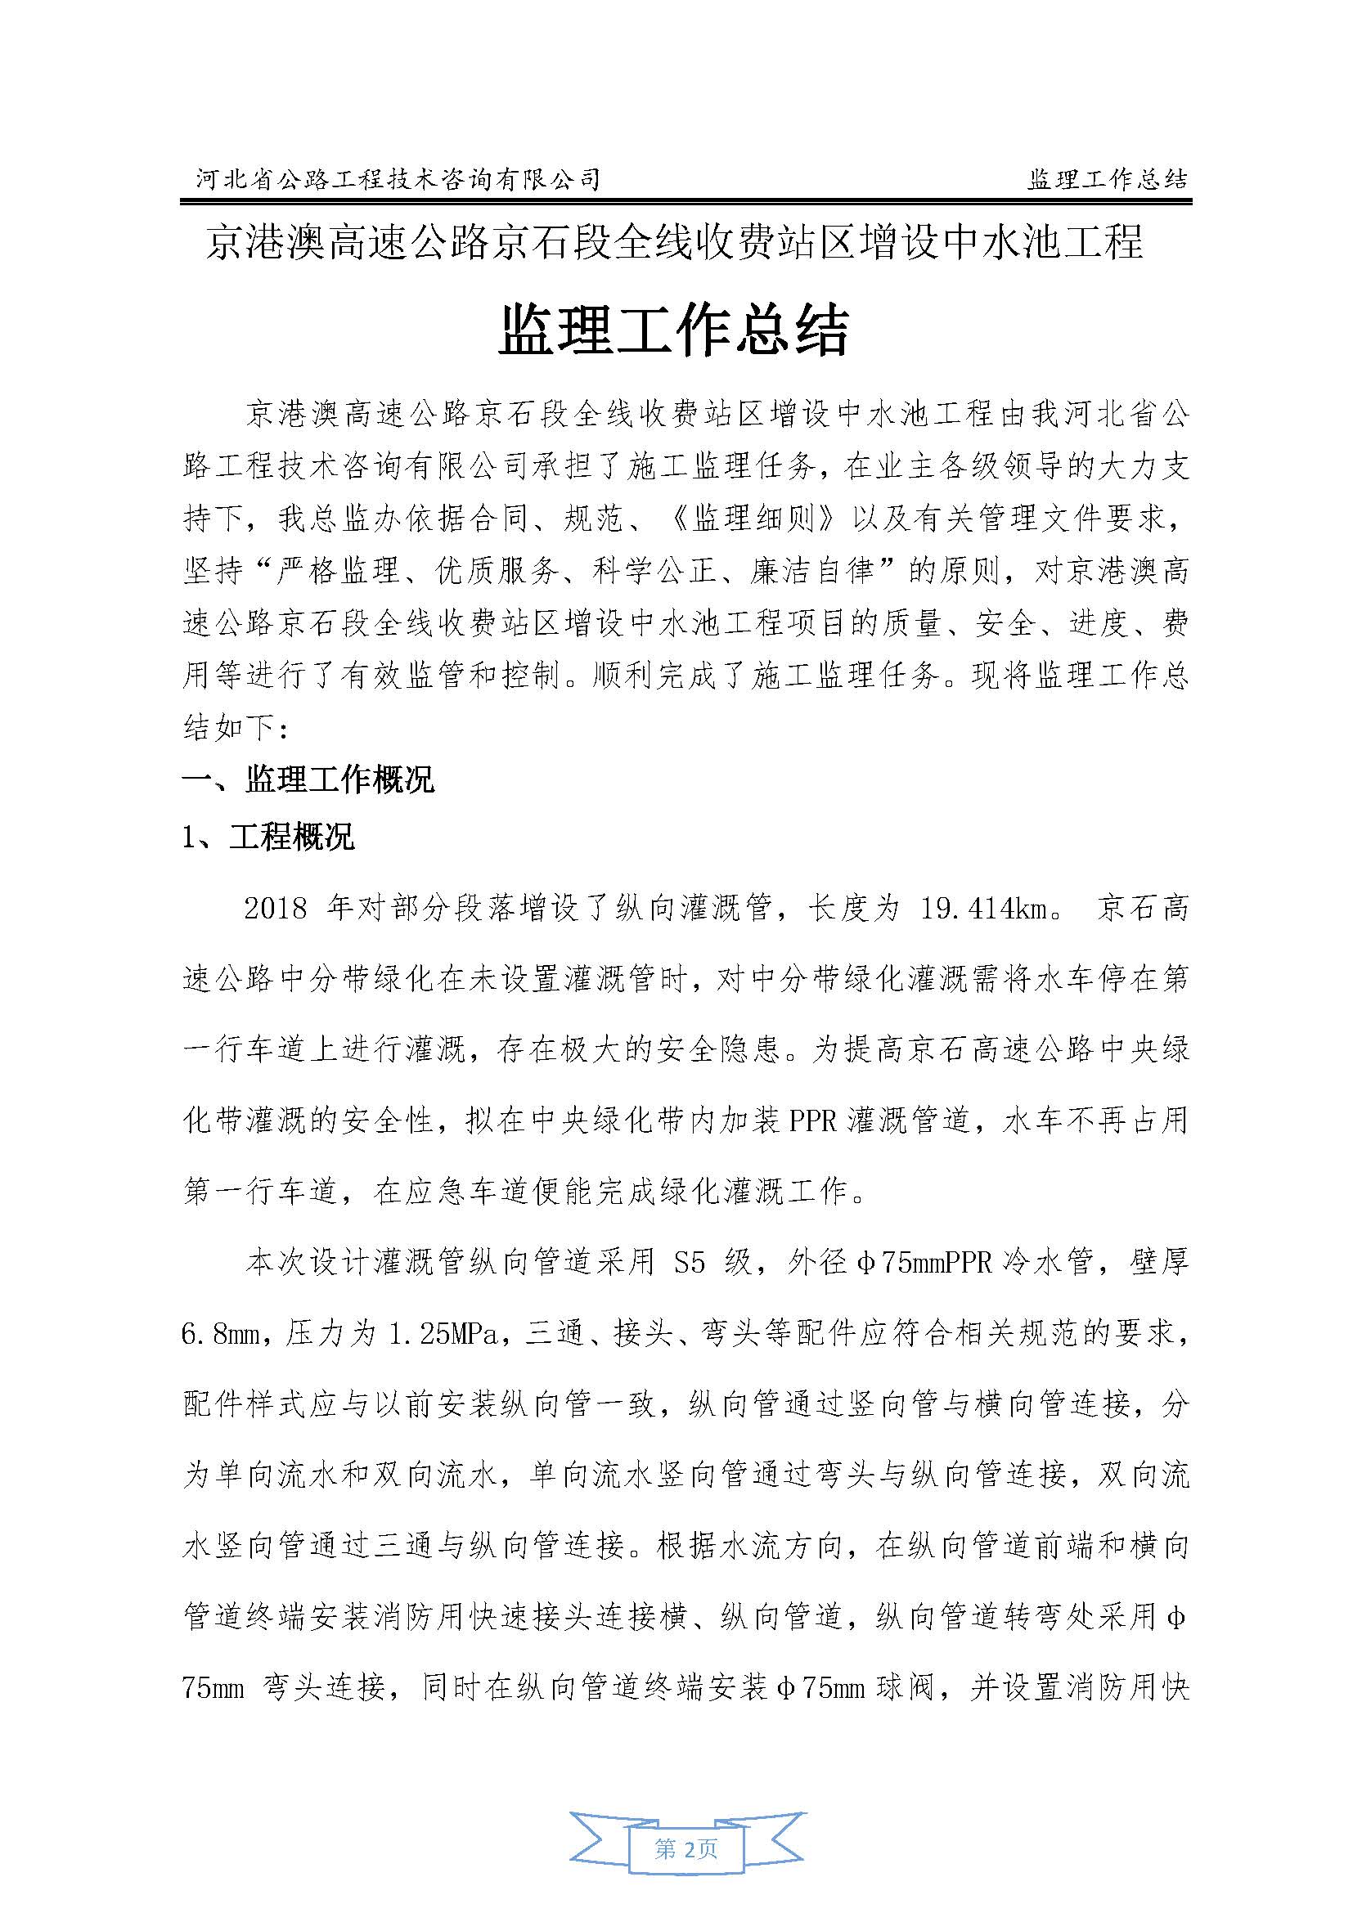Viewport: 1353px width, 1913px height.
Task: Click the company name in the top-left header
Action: coord(398,178)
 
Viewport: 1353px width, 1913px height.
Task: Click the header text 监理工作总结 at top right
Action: coord(1108,178)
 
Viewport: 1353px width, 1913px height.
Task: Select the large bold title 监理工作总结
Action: coord(674,330)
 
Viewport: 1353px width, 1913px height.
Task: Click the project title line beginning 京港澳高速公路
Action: coord(674,243)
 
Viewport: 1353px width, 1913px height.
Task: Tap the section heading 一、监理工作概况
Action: coord(308,780)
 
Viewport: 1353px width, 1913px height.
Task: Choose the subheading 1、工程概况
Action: coord(268,837)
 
